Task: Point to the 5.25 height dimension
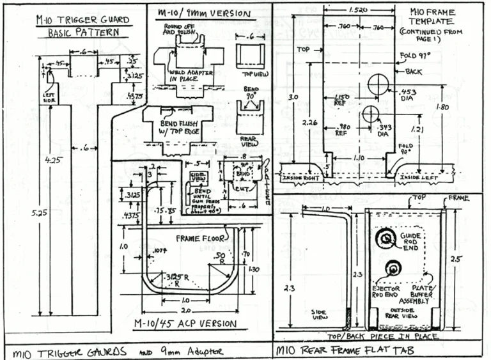(x=20, y=214)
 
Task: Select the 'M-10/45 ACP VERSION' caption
(x=188, y=323)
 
